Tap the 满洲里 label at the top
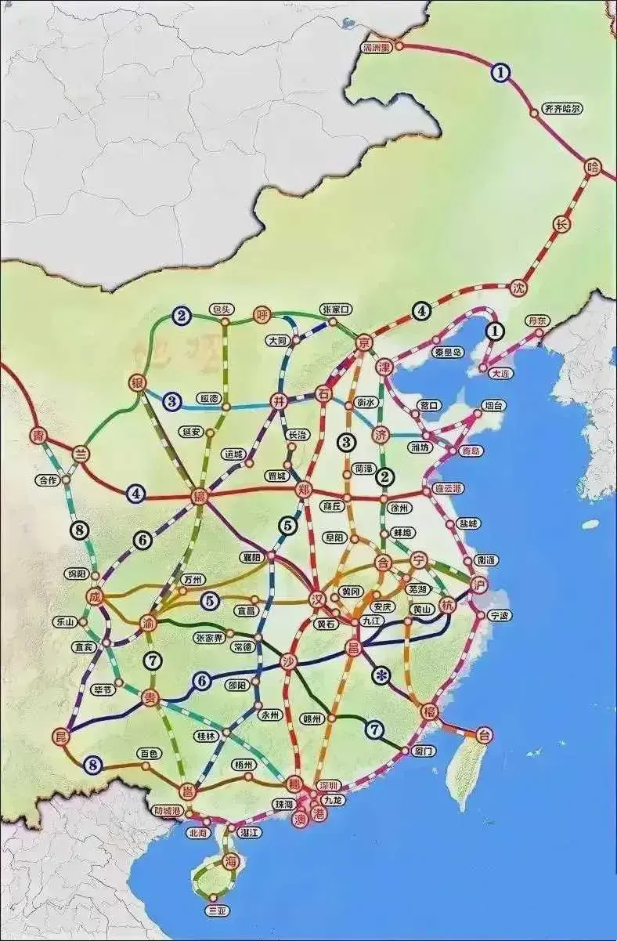pos(376,46)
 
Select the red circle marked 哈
pos(593,166)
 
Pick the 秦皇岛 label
pos(448,352)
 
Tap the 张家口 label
pos(337,309)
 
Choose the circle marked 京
pos(364,342)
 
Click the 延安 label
pos(191,431)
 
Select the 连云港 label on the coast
pos(447,488)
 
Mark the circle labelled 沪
pos(479,585)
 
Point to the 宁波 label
pos(499,616)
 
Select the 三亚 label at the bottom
pos(215,910)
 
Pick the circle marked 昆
pos(61,736)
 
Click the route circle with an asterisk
pos(382,675)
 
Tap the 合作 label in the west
pos(48,480)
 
